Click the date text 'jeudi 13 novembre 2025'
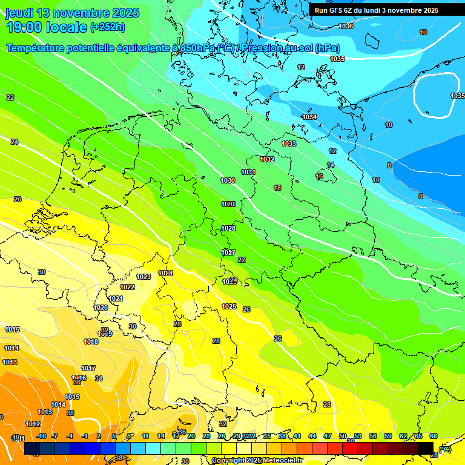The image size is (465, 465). click(72, 13)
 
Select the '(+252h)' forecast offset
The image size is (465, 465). click(108, 27)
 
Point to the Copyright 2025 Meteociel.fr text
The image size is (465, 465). click(257, 460)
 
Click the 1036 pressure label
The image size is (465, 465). click(346, 26)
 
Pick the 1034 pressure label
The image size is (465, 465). click(309, 117)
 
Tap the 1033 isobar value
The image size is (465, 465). click(289, 143)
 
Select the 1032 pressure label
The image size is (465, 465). click(267, 159)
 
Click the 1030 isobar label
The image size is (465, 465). click(228, 181)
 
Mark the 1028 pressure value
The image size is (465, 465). click(228, 228)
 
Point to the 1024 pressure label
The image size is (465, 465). click(165, 273)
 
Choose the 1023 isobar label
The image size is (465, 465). click(143, 277)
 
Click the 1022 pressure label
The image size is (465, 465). click(127, 287)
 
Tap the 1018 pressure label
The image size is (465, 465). click(91, 341)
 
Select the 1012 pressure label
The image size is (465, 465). click(33, 424)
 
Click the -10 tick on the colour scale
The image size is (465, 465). click(41, 436)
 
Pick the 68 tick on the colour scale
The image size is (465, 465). click(434, 436)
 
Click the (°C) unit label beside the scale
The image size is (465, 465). click(444, 449)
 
